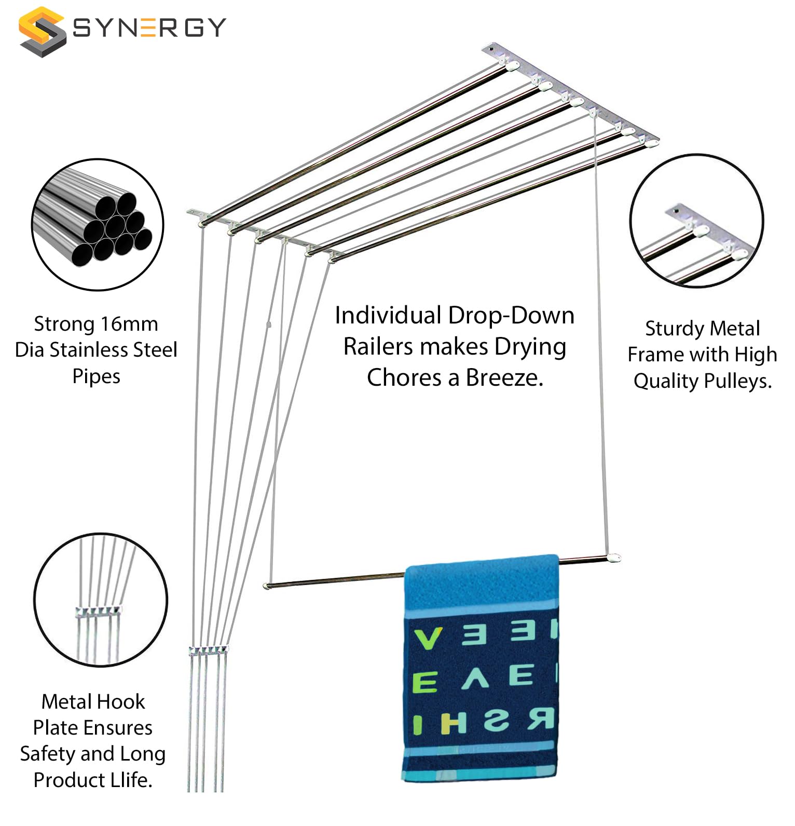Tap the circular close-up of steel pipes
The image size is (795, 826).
[x=98, y=225]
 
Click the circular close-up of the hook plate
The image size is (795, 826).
[x=101, y=600]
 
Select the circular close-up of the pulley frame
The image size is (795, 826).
[x=696, y=221]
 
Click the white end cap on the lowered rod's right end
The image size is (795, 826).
[x=614, y=559]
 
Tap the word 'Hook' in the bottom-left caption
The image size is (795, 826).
[x=124, y=702]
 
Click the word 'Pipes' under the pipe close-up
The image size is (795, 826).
[x=96, y=376]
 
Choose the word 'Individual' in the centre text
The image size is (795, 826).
[x=388, y=316]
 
